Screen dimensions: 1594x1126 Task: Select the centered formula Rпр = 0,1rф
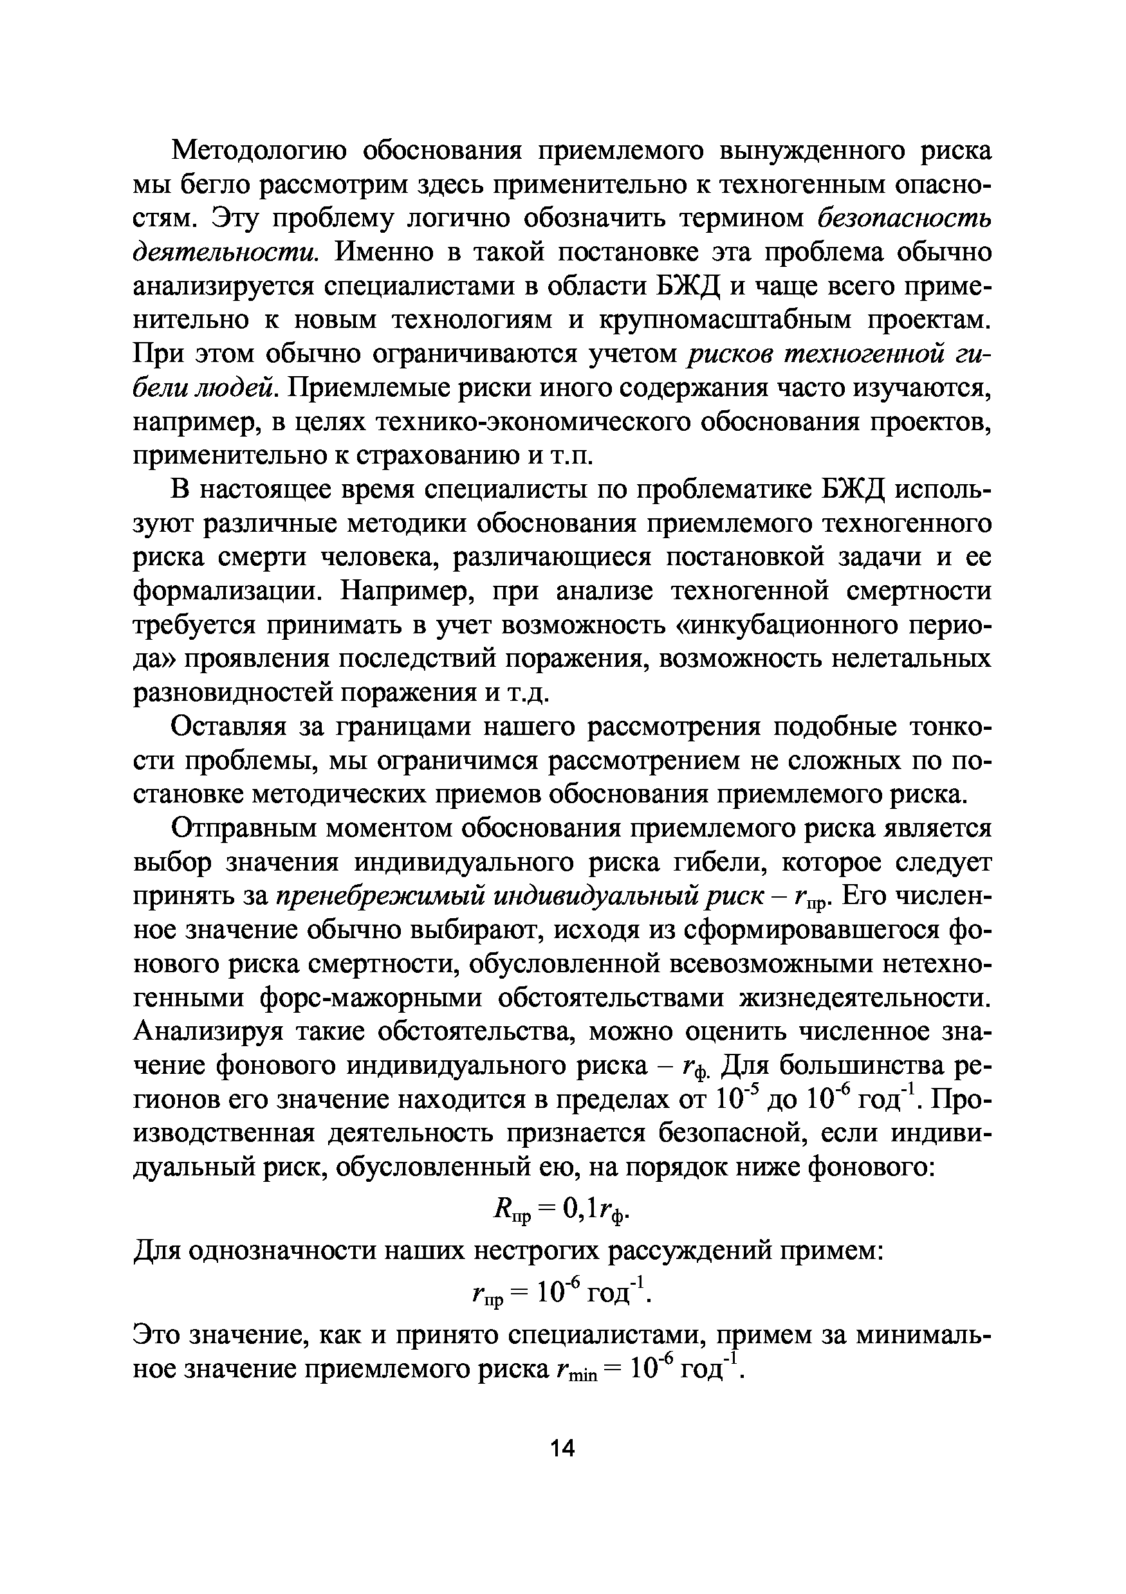click(x=561, y=1211)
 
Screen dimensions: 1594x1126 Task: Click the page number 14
click(x=562, y=1449)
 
